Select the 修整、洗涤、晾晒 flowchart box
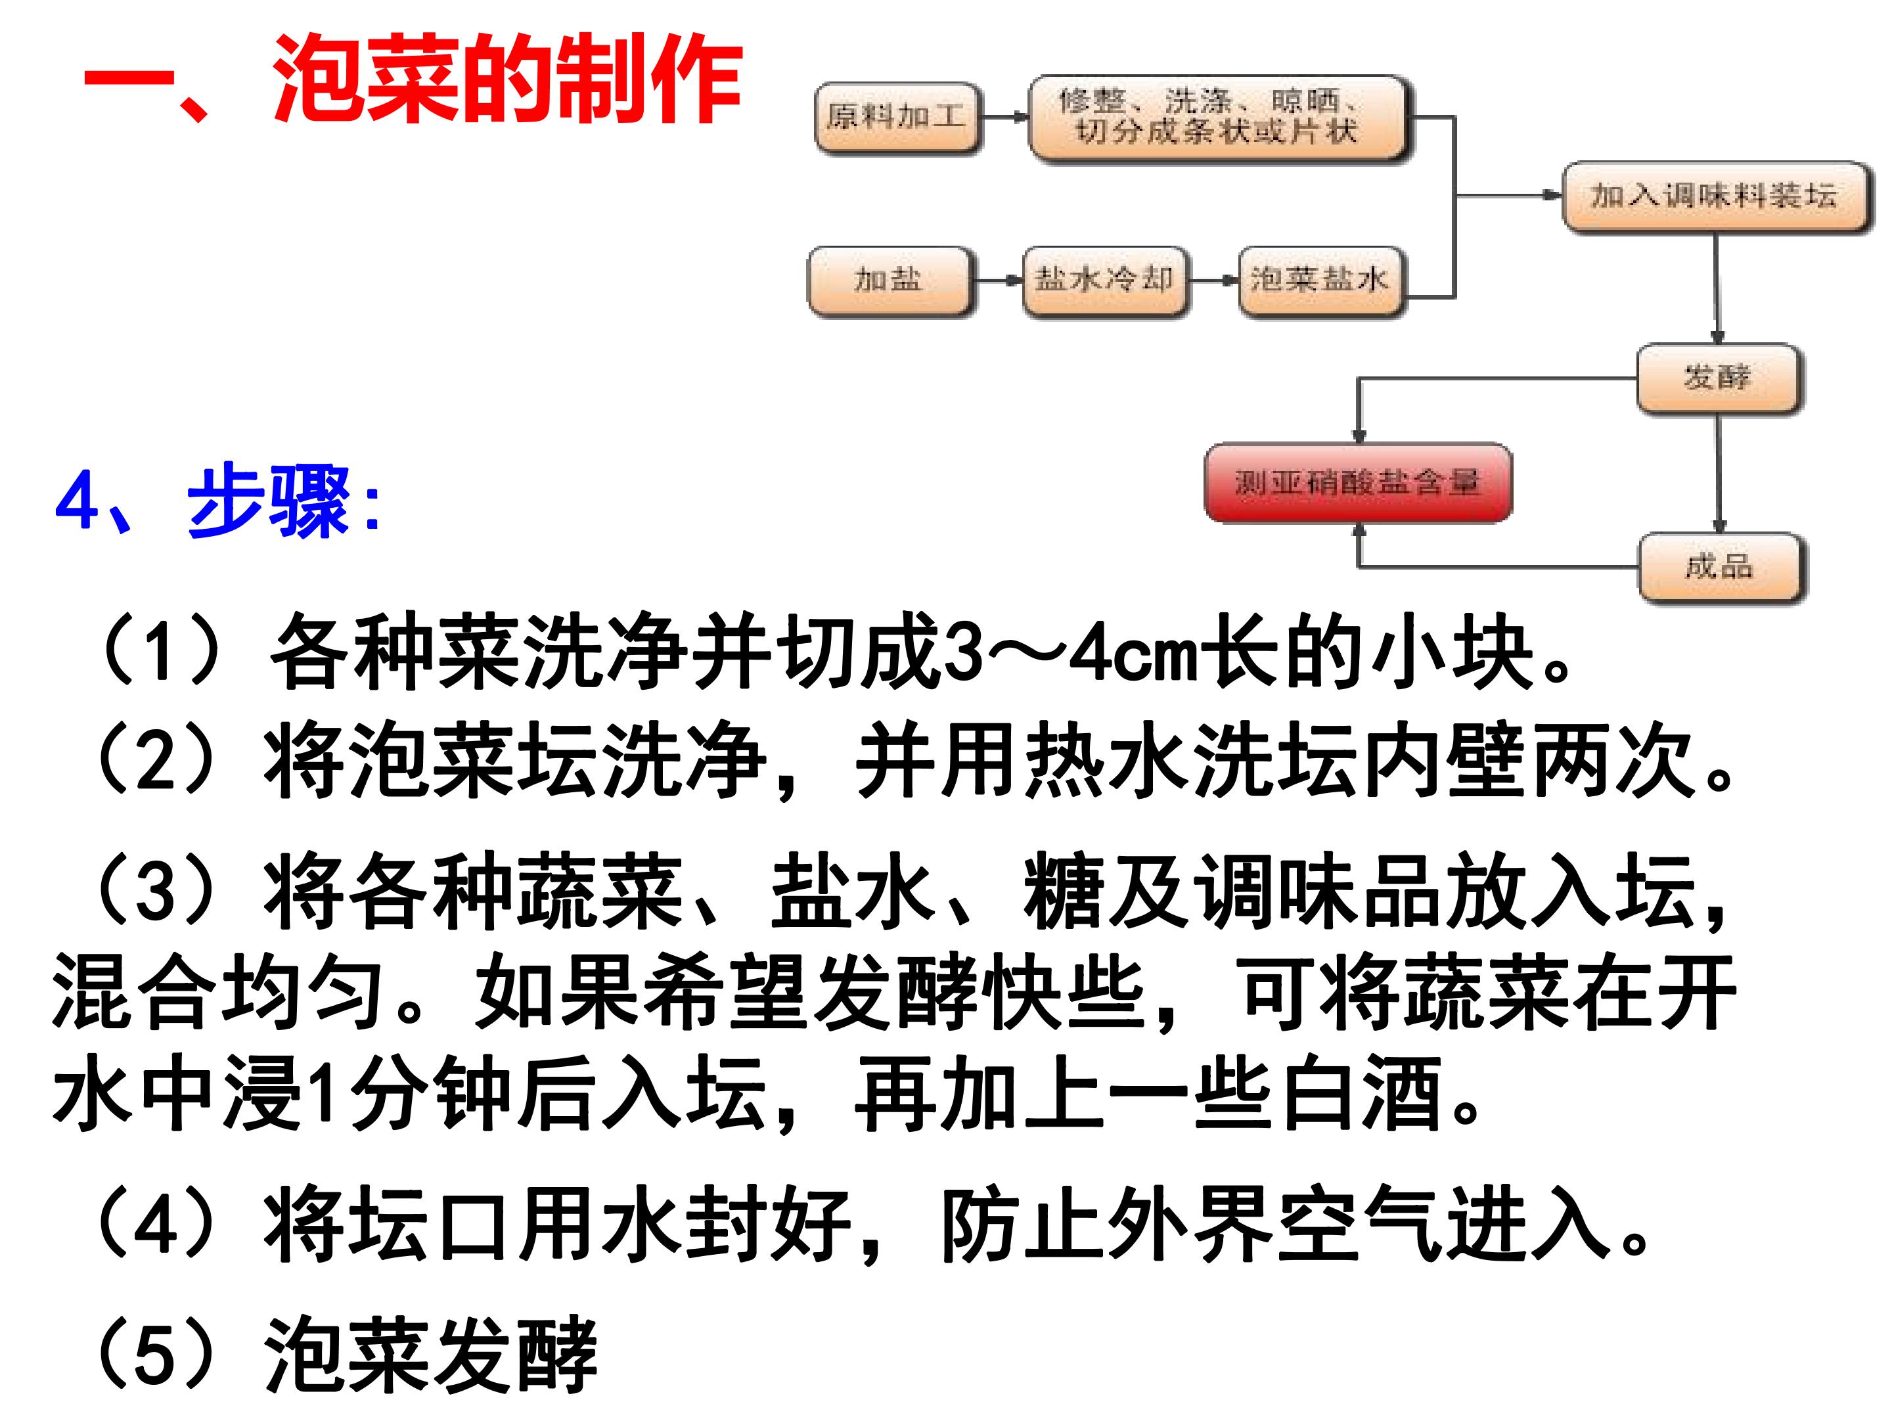(1219, 118)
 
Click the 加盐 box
(890, 281)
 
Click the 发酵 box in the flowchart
(1719, 379)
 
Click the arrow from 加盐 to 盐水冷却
(998, 281)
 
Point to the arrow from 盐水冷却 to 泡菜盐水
(1215, 281)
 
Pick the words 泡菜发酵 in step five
(430, 1354)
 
